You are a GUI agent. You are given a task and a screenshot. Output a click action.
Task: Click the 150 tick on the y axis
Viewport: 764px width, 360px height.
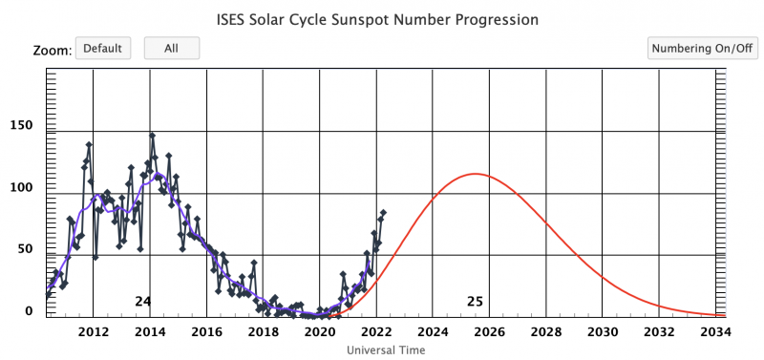21,126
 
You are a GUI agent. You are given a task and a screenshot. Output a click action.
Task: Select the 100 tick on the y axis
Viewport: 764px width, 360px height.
21,188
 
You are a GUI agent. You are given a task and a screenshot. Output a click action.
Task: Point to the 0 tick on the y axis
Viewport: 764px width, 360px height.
29,311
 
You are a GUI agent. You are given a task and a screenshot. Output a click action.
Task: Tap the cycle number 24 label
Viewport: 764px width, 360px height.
142,302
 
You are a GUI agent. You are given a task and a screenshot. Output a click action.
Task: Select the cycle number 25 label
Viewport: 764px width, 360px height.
475,302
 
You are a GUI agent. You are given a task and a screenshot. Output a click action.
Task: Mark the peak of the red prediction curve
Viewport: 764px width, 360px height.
474,174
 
